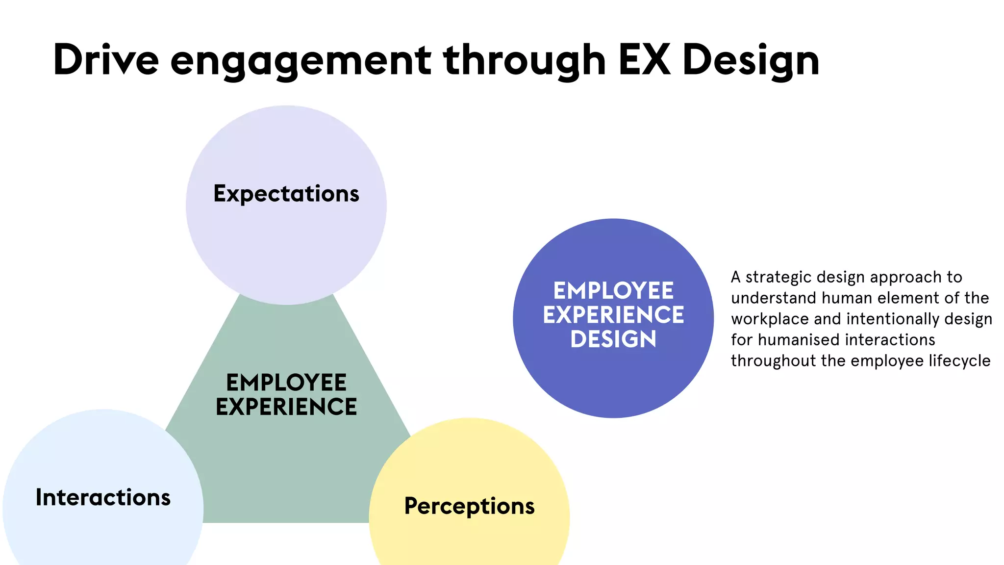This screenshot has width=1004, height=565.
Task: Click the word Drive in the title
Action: [x=106, y=60]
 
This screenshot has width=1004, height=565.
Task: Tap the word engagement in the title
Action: [x=301, y=61]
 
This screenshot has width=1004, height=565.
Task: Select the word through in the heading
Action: [x=525, y=61]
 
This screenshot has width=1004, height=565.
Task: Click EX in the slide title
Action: [x=644, y=60]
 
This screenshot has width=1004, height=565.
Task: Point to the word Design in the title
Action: [x=751, y=61]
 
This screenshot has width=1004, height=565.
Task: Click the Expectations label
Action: [x=286, y=194]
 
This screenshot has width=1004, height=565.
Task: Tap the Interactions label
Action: [x=103, y=497]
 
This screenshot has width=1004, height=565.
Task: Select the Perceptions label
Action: [x=469, y=506]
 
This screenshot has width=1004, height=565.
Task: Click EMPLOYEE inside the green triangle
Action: [x=286, y=383]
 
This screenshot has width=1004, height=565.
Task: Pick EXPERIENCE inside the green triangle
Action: [x=286, y=407]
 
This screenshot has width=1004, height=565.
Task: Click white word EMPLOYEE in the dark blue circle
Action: [x=613, y=290]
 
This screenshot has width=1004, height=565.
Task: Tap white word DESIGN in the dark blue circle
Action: [x=613, y=339]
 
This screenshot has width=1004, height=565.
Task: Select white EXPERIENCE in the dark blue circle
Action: [x=613, y=315]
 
